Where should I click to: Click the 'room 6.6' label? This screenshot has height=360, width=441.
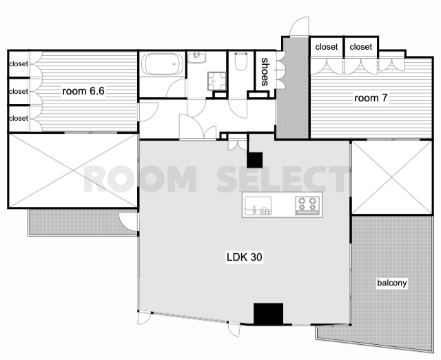tap(83, 91)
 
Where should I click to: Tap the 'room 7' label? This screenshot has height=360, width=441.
tap(371, 98)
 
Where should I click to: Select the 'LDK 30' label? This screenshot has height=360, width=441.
tap(244, 257)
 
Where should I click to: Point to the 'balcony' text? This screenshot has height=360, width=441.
tap(392, 283)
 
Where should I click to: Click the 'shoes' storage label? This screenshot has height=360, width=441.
tap(265, 72)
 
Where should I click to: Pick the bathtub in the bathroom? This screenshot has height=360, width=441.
tap(162, 64)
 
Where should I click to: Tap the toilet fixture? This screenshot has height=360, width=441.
tap(240, 61)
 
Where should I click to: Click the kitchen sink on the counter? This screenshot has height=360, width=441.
tap(258, 206)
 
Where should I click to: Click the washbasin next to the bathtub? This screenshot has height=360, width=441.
tap(197, 57)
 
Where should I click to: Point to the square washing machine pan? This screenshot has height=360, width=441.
tap(217, 81)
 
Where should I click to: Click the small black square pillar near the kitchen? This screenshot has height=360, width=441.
tap(255, 160)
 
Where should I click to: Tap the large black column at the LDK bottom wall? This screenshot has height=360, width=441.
tap(268, 314)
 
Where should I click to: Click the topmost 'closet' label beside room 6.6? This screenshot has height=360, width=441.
tap(19, 64)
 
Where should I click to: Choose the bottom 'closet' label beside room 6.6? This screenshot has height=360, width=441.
tap(19, 118)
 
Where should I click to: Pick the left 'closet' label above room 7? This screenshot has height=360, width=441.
tap(326, 47)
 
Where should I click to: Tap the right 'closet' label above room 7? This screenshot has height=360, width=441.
tap(361, 47)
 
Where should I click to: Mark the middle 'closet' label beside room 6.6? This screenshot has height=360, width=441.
tap(19, 92)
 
